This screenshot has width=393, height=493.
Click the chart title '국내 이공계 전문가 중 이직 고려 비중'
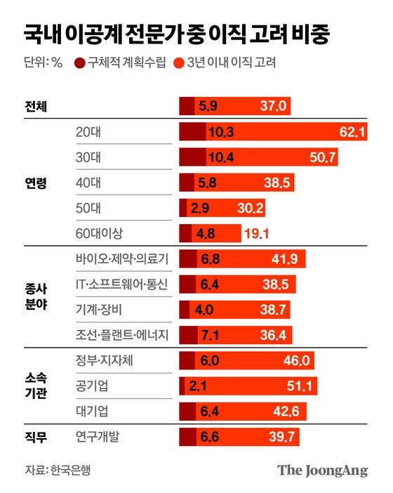click(176, 33)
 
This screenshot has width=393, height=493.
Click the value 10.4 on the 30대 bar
click(220, 158)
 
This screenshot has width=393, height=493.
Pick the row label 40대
click(88, 183)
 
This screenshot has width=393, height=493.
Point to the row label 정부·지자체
click(104, 360)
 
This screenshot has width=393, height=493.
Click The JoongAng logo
click(322, 470)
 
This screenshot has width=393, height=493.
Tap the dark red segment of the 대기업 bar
click(187, 412)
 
